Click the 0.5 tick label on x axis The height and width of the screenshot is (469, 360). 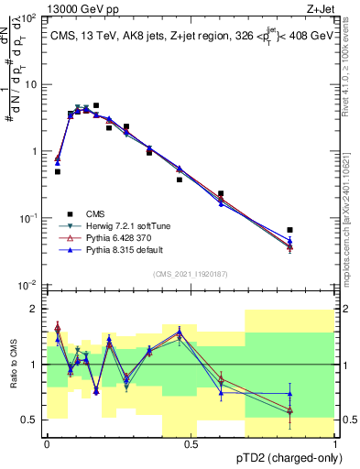tap(191, 443)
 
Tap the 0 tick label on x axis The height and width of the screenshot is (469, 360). tap(47, 443)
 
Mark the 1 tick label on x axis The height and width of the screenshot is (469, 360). tap(336, 443)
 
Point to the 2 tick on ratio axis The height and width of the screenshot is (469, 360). tap(36, 309)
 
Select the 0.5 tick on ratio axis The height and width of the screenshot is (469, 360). tap(32, 420)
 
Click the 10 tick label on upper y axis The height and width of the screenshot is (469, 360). tap(33, 84)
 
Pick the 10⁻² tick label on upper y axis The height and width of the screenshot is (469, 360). tap(30, 285)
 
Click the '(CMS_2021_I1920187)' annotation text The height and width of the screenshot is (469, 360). tap(191, 274)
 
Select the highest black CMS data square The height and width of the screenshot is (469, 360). tap(96, 105)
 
